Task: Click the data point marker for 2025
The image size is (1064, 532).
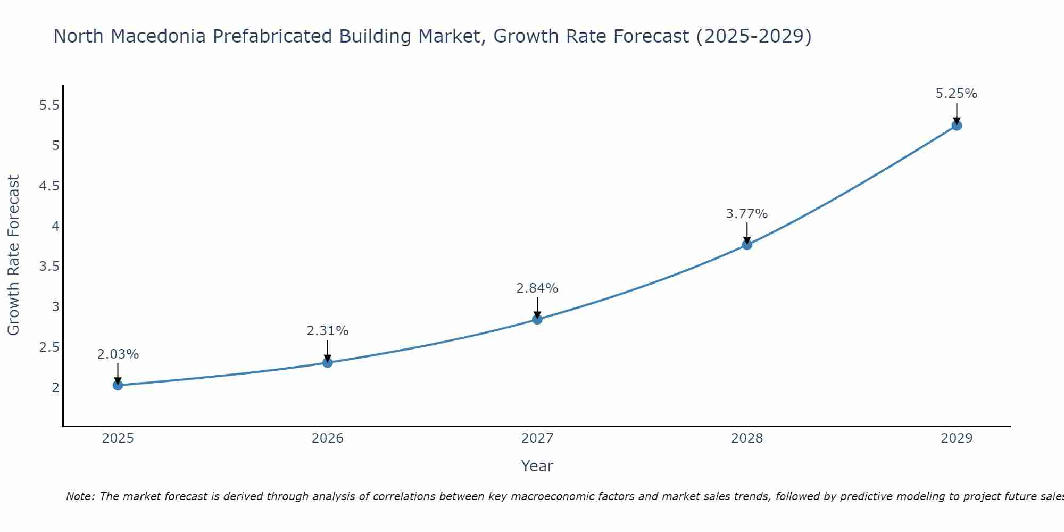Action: pos(118,385)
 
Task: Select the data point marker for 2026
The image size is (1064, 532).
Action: pos(328,363)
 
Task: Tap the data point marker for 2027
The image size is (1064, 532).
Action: pos(537,319)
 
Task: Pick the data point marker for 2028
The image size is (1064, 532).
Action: pos(747,245)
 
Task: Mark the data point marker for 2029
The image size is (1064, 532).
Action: pos(957,126)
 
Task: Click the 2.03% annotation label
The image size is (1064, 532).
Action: pos(118,354)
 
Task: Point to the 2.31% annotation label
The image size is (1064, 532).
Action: pos(328,331)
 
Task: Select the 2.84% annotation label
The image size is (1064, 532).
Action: pos(537,288)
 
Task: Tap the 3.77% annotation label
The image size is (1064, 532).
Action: pos(747,214)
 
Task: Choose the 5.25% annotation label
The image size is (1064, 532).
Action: pos(957,94)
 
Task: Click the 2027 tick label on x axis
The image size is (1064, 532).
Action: pos(537,438)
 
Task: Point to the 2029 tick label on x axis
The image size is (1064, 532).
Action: pos(957,438)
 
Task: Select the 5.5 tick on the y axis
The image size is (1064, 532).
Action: pos(49,105)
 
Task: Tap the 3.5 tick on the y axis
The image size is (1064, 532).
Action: pos(49,267)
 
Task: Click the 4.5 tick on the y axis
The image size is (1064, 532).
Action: pos(49,186)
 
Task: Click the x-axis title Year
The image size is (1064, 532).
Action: pos(537,466)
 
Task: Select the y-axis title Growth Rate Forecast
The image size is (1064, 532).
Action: pos(13,255)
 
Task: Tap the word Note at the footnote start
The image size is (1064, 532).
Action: pos(80,496)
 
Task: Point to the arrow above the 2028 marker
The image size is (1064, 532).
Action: pos(747,233)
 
